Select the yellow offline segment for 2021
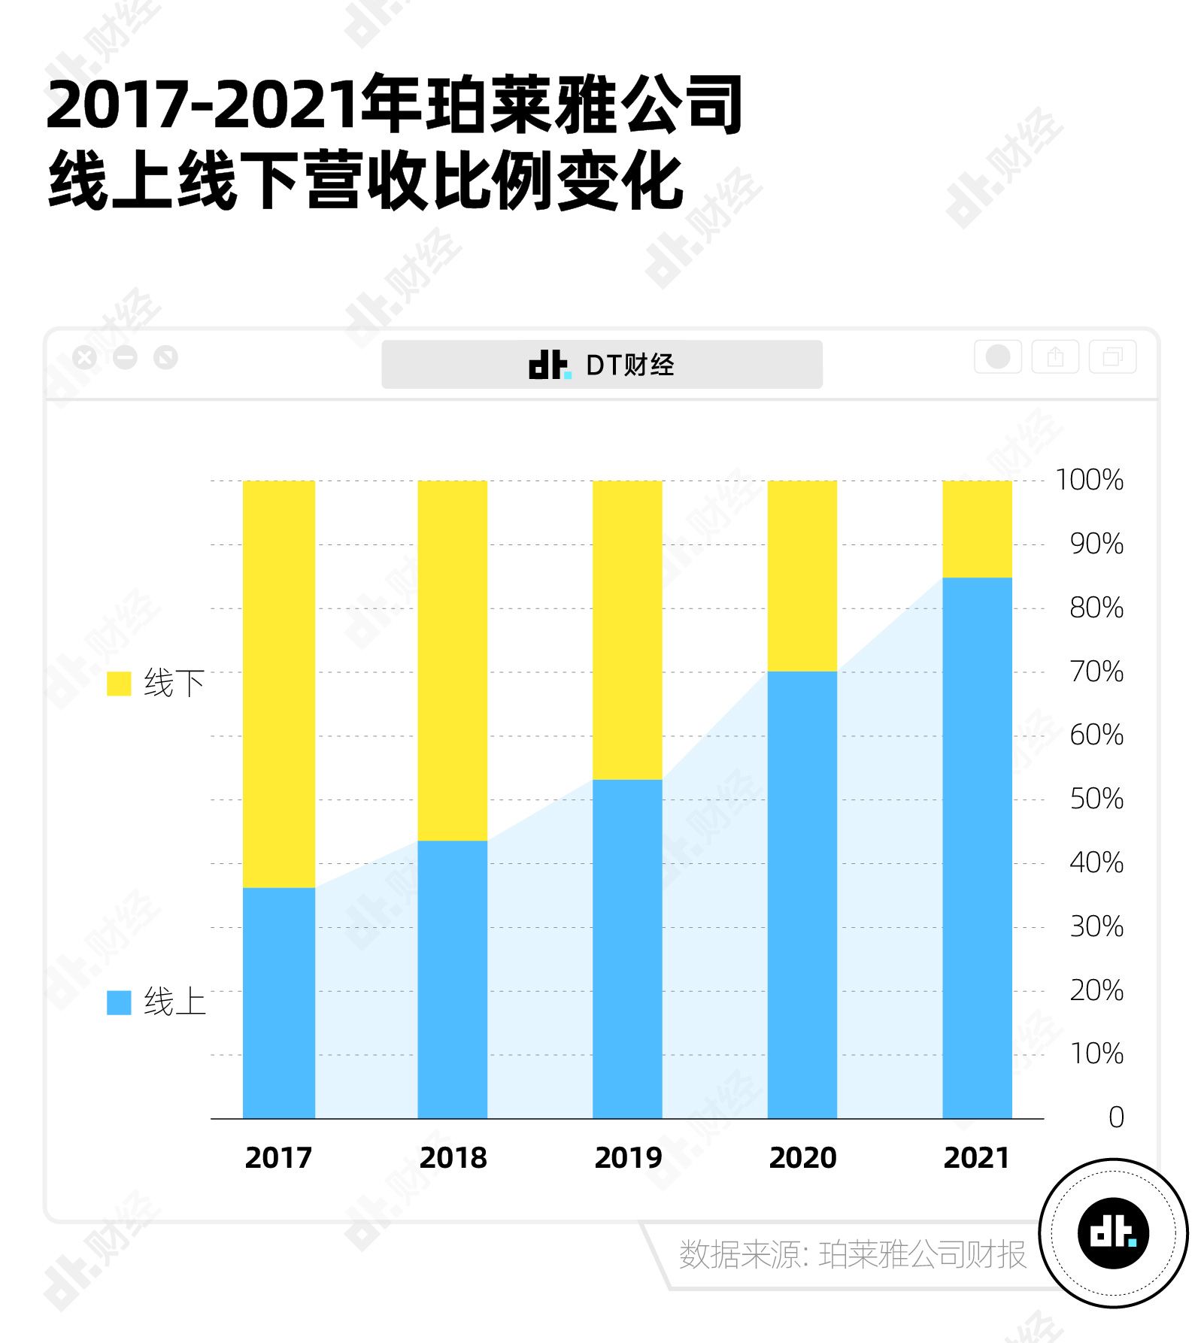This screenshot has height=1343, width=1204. [x=977, y=529]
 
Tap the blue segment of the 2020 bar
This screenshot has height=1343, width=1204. [x=802, y=894]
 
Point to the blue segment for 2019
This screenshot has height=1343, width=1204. [x=627, y=948]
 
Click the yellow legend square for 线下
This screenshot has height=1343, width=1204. [x=119, y=684]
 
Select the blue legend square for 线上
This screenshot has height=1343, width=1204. [x=119, y=1002]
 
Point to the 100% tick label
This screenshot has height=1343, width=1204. [x=1089, y=480]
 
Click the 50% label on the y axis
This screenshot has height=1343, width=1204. [x=1096, y=799]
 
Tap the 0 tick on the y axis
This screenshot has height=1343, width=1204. [x=1116, y=1117]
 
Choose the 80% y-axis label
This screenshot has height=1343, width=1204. [x=1096, y=608]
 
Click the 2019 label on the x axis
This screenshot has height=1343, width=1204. [x=628, y=1158]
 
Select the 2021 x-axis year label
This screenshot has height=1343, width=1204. [x=977, y=1158]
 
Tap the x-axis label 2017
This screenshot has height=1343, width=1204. [x=278, y=1158]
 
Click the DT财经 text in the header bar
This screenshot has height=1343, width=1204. [x=629, y=365]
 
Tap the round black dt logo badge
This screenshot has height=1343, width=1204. [x=1113, y=1233]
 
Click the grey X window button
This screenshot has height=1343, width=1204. [x=85, y=357]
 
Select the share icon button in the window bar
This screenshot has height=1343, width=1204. [x=1055, y=356]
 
